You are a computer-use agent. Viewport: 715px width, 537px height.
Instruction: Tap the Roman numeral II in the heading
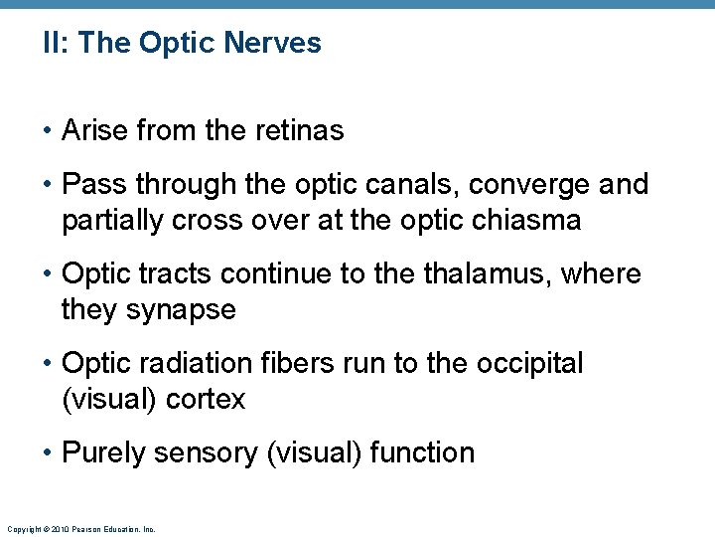pos(52,43)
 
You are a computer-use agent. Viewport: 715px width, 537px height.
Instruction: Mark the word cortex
pos(208,399)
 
